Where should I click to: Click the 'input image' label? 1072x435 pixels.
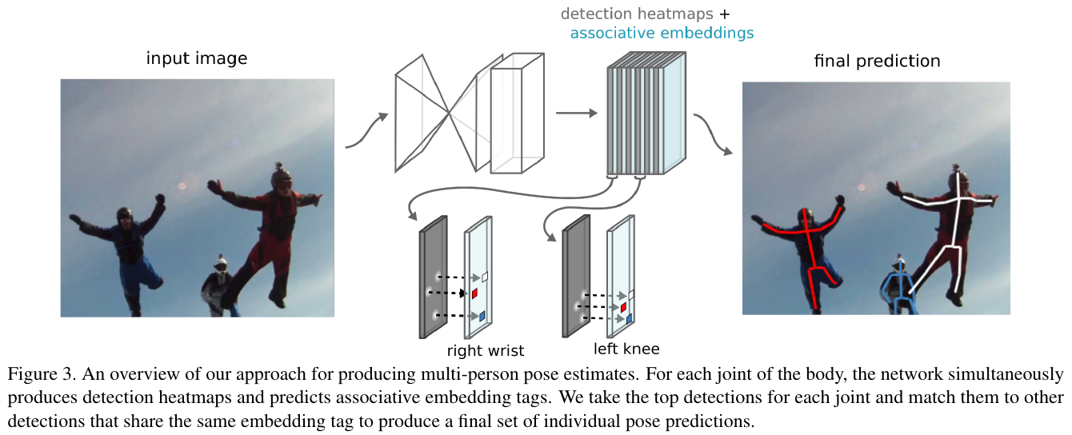[197, 58]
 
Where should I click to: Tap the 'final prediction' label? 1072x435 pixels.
[877, 61]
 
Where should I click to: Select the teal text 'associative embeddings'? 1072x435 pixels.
[662, 34]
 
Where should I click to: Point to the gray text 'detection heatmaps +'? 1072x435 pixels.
[645, 14]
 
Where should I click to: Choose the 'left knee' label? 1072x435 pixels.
[626, 348]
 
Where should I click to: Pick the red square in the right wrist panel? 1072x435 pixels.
[474, 293]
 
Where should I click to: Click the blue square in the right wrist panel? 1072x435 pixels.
[482, 316]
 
